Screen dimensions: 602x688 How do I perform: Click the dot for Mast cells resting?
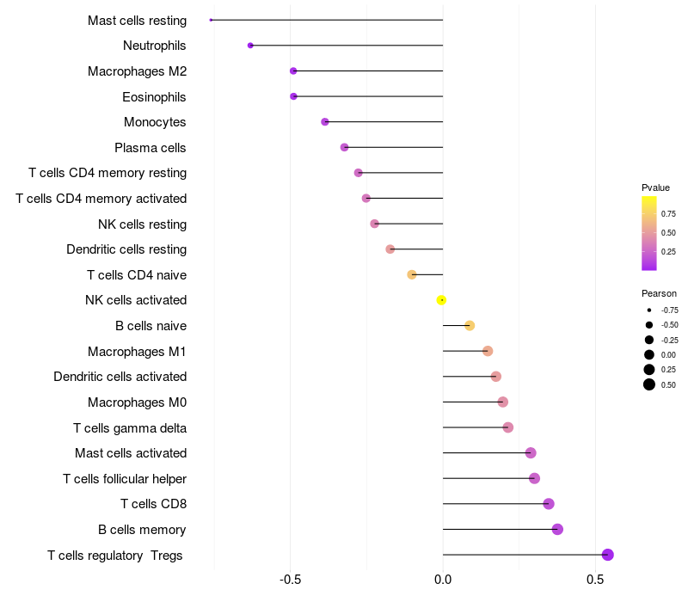[211, 20]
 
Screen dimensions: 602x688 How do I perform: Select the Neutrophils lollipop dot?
[250, 46]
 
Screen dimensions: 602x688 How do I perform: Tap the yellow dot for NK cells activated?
[442, 300]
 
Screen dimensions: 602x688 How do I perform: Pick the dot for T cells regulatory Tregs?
[607, 555]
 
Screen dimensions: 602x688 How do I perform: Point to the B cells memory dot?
[557, 529]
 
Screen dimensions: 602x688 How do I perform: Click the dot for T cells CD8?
[549, 504]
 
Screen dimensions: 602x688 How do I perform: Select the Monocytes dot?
[325, 121]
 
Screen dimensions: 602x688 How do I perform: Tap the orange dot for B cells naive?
[470, 325]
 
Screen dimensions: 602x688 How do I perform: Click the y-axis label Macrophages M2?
[137, 71]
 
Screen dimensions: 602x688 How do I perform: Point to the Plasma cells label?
[150, 148]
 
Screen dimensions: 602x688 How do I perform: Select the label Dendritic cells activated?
[120, 377]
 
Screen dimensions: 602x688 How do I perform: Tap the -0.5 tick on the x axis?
[290, 580]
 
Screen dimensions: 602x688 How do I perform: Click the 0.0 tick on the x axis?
[443, 580]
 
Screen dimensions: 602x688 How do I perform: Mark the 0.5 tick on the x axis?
[595, 580]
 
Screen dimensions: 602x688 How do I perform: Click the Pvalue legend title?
[655, 187]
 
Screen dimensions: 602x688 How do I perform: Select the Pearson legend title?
[659, 293]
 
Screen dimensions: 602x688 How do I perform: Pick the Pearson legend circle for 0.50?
[649, 384]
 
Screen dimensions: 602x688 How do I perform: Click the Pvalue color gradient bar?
[649, 233]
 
